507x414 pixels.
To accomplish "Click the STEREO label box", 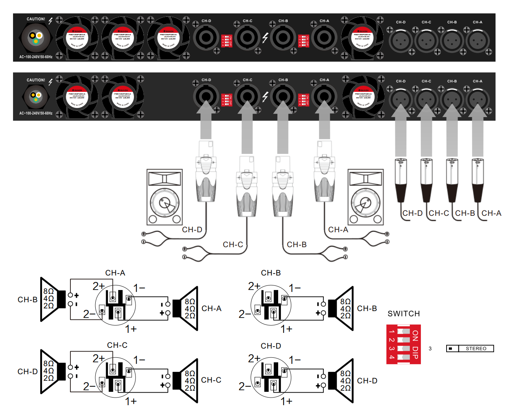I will tap(470, 349).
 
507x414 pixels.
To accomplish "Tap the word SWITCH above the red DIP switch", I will tap(404, 314).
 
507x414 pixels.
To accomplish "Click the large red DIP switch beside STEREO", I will tap(403, 344).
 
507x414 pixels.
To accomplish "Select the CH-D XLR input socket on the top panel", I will tap(401, 41).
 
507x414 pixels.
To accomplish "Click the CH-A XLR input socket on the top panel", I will tap(477, 41).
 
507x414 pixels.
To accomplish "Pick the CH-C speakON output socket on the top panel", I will tap(247, 38).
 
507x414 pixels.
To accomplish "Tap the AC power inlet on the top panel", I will tap(36, 38).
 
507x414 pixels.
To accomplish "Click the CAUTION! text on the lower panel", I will tap(36, 80).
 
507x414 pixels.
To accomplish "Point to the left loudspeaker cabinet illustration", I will tap(165, 197).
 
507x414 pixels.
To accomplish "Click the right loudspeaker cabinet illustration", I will tap(365, 197).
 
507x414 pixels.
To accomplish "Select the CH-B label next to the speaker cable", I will tap(297, 244).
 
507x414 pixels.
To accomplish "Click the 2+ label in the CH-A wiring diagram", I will tap(98, 286).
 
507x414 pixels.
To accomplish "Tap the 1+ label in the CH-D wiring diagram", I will tap(286, 401).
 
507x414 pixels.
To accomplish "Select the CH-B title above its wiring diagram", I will tap(271, 273).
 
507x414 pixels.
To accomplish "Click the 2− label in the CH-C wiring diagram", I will tap(89, 386).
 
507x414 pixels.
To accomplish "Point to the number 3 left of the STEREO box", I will tap(430, 349).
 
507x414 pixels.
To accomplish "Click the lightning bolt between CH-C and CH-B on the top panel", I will tap(265, 37).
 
